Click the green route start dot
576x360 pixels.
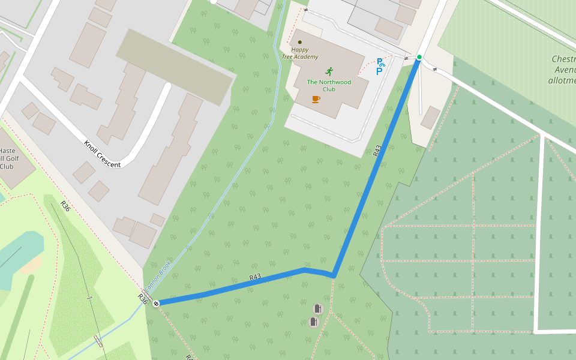(419, 57)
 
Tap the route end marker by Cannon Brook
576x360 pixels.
(156, 304)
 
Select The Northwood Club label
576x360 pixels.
(329, 85)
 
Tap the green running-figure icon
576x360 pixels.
(329, 71)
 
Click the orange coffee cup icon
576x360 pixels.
(316, 99)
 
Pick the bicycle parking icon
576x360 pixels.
(380, 62)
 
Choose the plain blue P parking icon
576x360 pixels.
(379, 72)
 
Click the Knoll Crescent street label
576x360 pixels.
(102, 154)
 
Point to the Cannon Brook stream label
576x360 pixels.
(158, 275)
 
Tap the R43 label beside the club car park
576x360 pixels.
(377, 151)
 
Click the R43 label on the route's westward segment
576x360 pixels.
(255, 277)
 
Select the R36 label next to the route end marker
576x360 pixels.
(143, 298)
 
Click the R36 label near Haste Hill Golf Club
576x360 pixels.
(65, 206)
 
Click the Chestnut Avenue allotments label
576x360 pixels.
(563, 68)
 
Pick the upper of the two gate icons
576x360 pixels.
(317, 309)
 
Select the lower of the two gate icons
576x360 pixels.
(313, 322)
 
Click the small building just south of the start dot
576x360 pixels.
(430, 117)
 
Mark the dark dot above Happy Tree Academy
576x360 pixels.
(300, 43)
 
